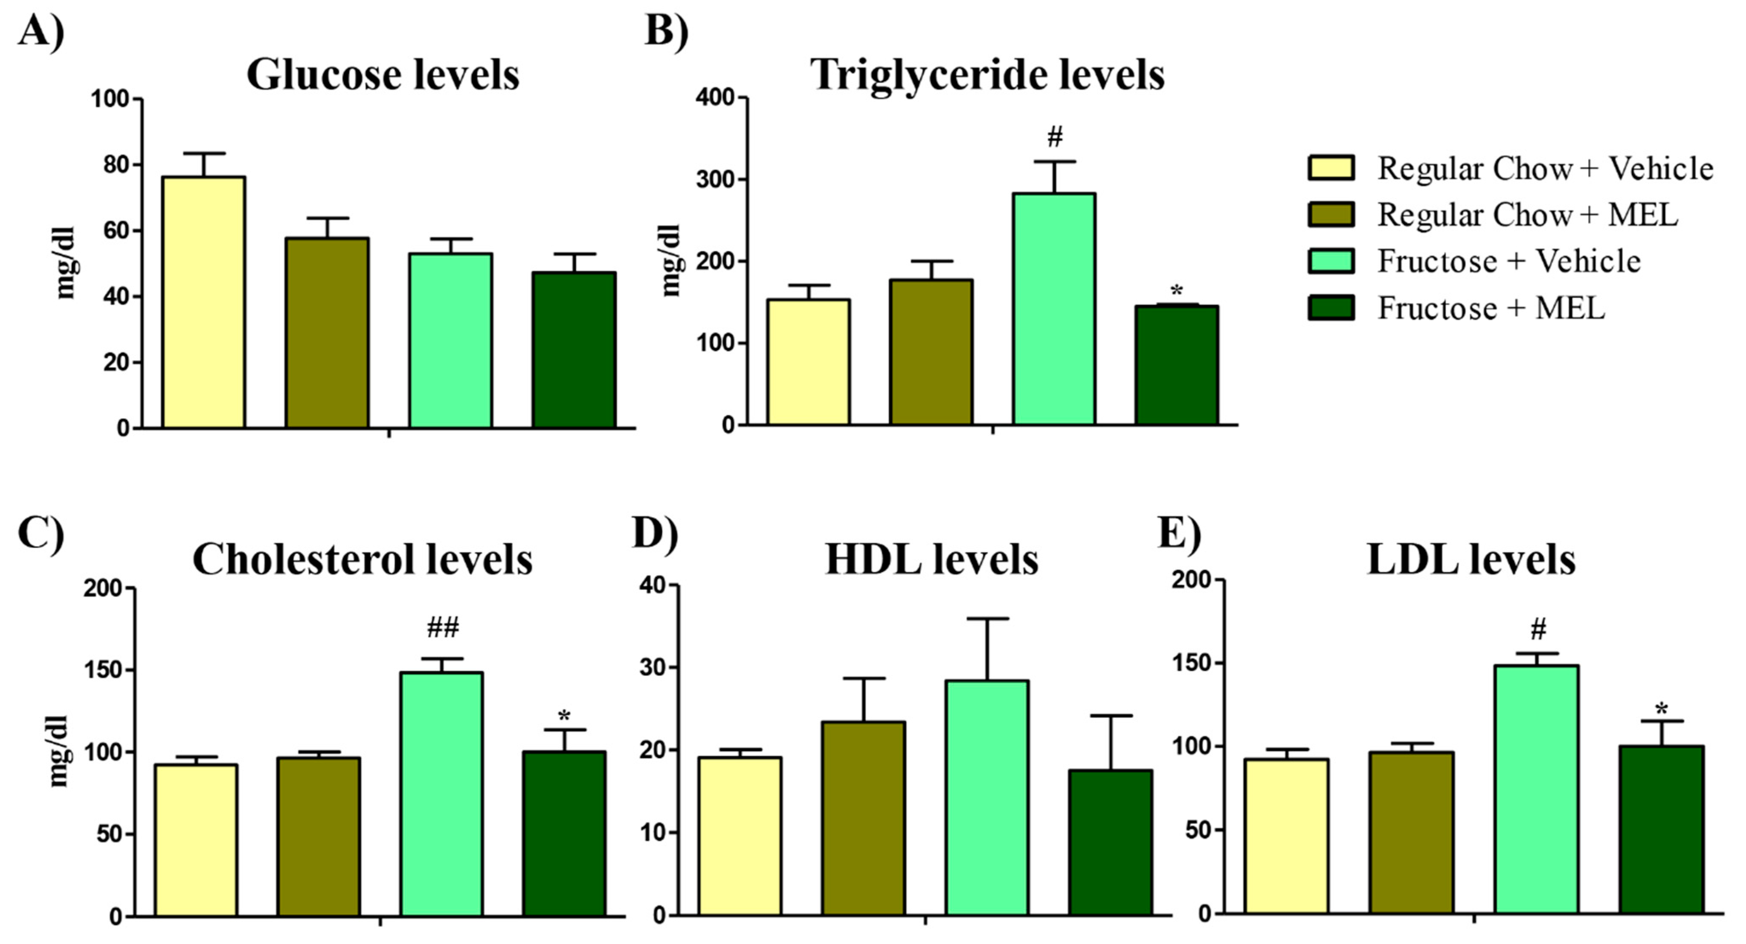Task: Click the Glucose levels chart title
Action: pyautogui.click(x=383, y=75)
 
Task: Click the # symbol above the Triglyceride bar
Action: pyautogui.click(x=1055, y=138)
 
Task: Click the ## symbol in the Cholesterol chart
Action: pyautogui.click(x=443, y=627)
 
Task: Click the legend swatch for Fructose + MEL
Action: pyautogui.click(x=1331, y=307)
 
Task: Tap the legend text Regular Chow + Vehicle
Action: pyautogui.click(x=1546, y=168)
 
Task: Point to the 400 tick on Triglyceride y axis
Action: pyautogui.click(x=716, y=98)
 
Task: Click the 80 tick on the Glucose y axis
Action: pyautogui.click(x=111, y=165)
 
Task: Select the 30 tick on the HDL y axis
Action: pyautogui.click(x=653, y=667)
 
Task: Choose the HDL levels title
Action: pyautogui.click(x=931, y=560)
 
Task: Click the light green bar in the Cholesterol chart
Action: pyautogui.click(x=441, y=793)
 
